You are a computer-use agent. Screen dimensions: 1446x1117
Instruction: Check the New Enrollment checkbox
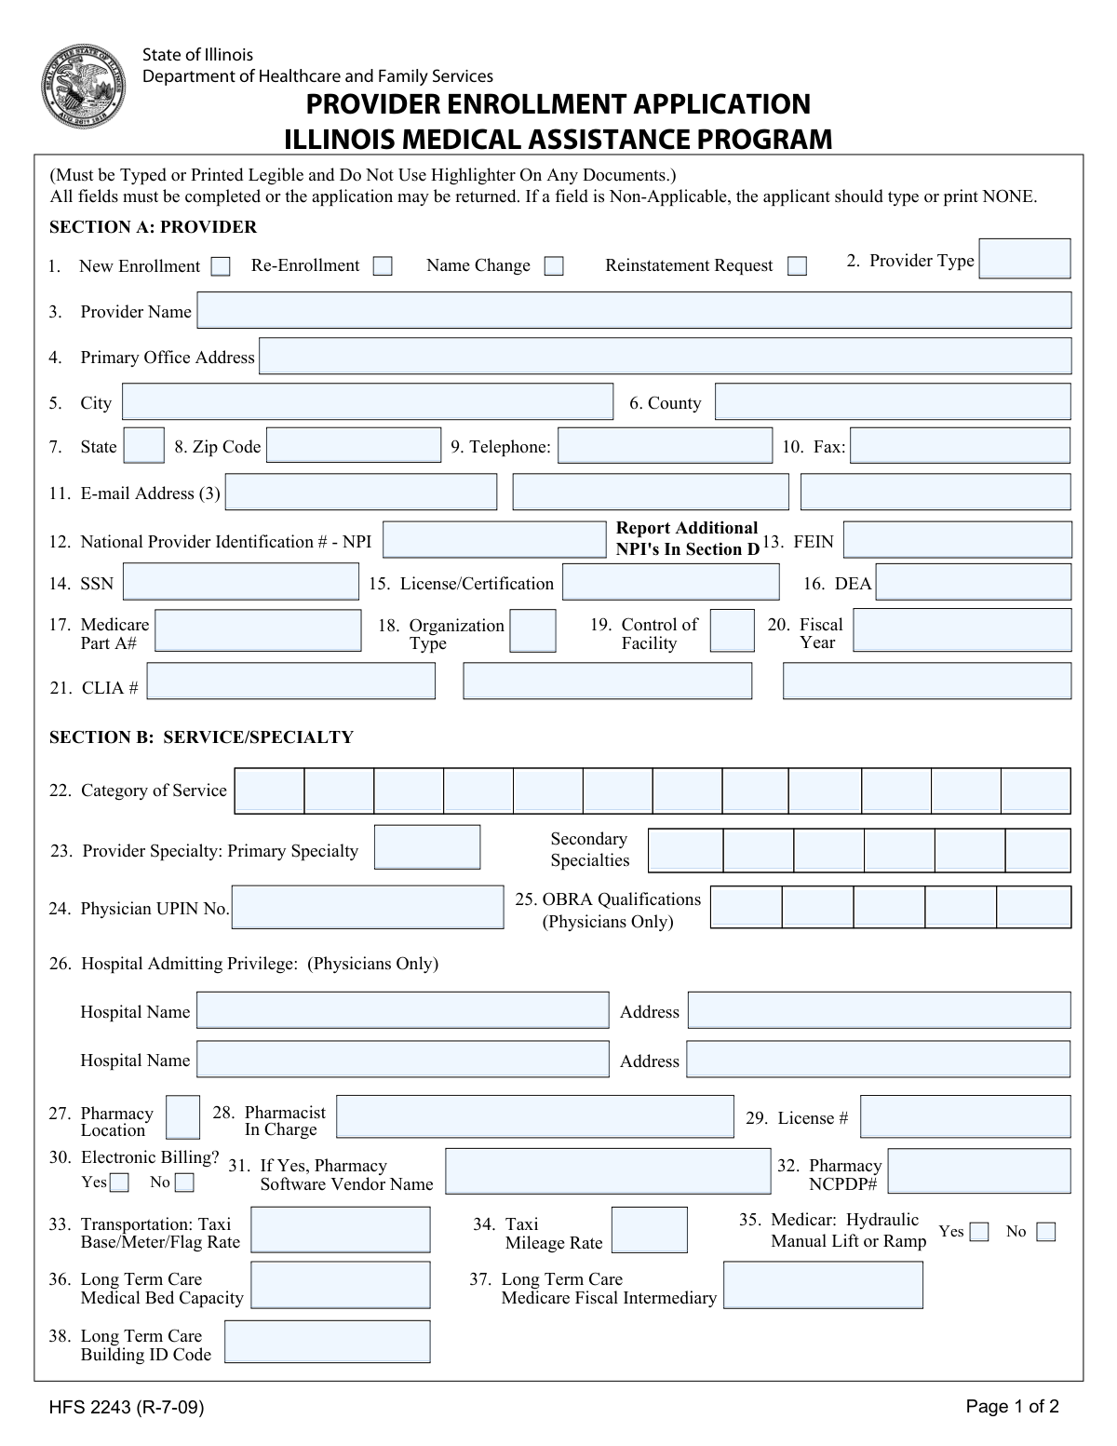tap(221, 267)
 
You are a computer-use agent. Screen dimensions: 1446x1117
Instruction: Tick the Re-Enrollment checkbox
tap(383, 266)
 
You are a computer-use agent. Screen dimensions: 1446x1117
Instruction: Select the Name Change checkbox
tap(554, 266)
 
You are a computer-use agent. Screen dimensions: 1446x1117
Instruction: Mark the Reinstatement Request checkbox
tap(797, 266)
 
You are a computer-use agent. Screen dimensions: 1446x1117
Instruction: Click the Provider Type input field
tap(1025, 259)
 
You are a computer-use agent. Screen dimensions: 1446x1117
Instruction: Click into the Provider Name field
tap(634, 311)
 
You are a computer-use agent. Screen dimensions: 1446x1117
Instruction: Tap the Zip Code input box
tap(354, 446)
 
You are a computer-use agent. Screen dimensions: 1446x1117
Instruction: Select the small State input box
tap(144, 446)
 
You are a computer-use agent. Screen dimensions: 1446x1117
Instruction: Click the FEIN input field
tap(957, 540)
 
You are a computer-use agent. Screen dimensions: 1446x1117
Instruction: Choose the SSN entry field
tap(240, 583)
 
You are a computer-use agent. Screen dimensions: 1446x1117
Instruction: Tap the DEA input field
tap(973, 583)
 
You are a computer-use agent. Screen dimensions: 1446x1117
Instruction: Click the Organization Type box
tap(533, 630)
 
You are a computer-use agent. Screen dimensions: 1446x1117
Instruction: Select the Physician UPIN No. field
tap(368, 907)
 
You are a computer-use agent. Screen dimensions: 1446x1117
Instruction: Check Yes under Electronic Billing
tap(120, 1183)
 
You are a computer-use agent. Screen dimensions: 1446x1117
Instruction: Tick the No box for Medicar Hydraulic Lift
tap(1046, 1233)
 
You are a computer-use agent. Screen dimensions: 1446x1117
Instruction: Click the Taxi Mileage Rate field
tap(650, 1230)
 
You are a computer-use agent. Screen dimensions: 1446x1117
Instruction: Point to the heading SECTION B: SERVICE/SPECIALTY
tap(201, 737)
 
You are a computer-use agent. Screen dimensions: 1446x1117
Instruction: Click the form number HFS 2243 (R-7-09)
tap(127, 1408)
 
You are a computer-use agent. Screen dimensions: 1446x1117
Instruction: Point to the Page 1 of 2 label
tap(1012, 1407)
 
